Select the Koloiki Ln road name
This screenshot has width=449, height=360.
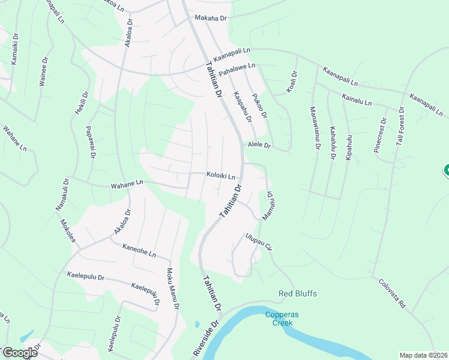pyautogui.click(x=220, y=176)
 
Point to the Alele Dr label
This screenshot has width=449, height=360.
pyautogui.click(x=259, y=145)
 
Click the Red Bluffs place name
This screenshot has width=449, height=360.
pyautogui.click(x=297, y=293)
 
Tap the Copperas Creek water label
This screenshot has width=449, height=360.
pyautogui.click(x=279, y=319)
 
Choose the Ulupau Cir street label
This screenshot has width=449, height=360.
pyautogui.click(x=259, y=242)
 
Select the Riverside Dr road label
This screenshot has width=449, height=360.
pyautogui.click(x=205, y=339)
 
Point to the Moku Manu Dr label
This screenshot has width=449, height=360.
pyautogui.click(x=172, y=288)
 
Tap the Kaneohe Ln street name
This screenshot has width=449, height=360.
pyautogui.click(x=139, y=250)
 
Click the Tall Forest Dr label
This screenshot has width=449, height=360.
pyautogui.click(x=401, y=127)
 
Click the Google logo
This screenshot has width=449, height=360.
pyautogui.click(x=19, y=353)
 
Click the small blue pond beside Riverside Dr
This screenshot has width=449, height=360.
pyautogui.click(x=197, y=325)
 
